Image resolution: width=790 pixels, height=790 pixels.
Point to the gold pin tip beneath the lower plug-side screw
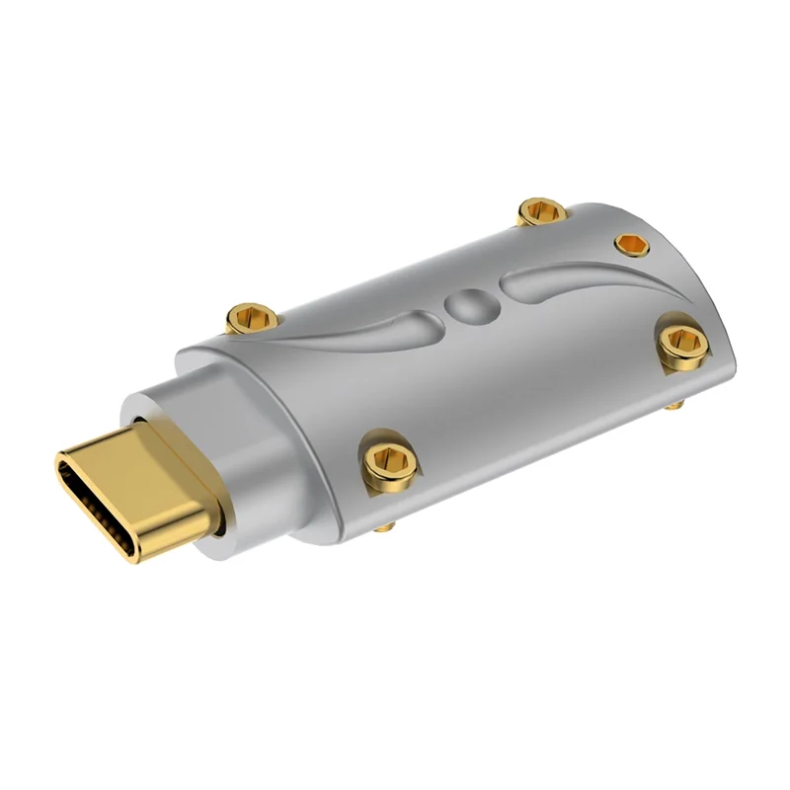tap(386, 530)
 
